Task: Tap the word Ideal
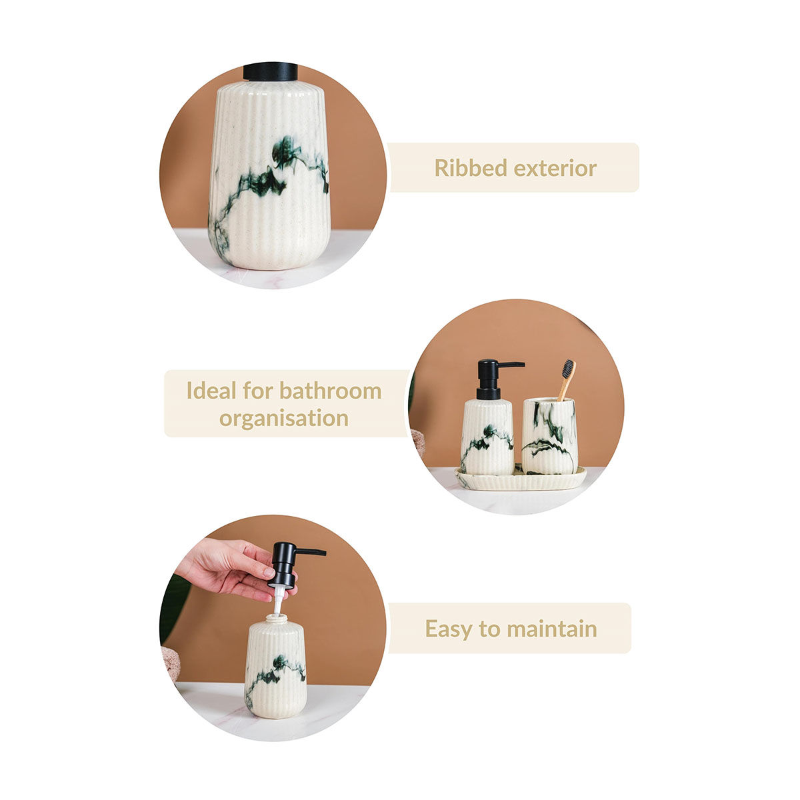210,391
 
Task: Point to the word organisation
284,419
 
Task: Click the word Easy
451,629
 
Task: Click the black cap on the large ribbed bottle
270,71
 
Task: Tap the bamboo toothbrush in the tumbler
567,378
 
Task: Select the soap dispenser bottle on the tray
487,437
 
